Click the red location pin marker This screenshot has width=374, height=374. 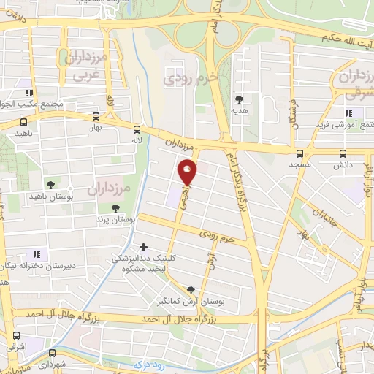(188, 172)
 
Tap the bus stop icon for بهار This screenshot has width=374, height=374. (97, 117)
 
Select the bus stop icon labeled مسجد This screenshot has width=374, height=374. (300, 153)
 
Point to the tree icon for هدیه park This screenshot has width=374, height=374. (239, 99)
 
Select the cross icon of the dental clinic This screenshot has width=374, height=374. (142, 247)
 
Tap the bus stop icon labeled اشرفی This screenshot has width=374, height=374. (16, 335)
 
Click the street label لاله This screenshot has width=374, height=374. (136, 139)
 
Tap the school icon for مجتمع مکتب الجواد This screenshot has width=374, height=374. (29, 93)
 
